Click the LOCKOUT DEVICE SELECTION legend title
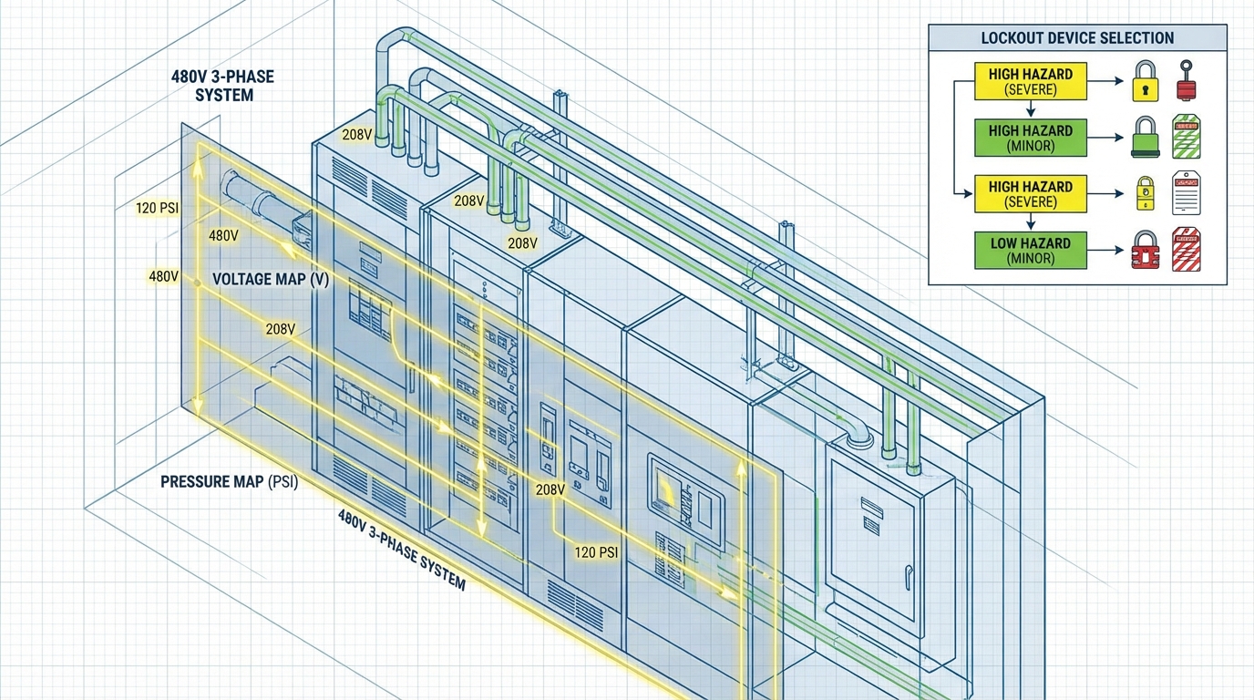(x=1077, y=38)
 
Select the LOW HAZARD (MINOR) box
(x=1030, y=251)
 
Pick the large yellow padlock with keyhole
(x=1145, y=82)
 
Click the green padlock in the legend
(x=1145, y=139)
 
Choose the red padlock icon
(x=1145, y=250)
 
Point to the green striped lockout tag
(x=1186, y=138)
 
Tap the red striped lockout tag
(x=1186, y=249)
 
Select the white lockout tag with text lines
(x=1186, y=192)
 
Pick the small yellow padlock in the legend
(x=1145, y=194)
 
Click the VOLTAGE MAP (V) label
(x=271, y=279)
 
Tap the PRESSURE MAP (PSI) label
(x=229, y=481)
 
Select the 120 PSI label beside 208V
(x=597, y=552)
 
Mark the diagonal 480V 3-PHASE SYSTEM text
(x=401, y=550)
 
